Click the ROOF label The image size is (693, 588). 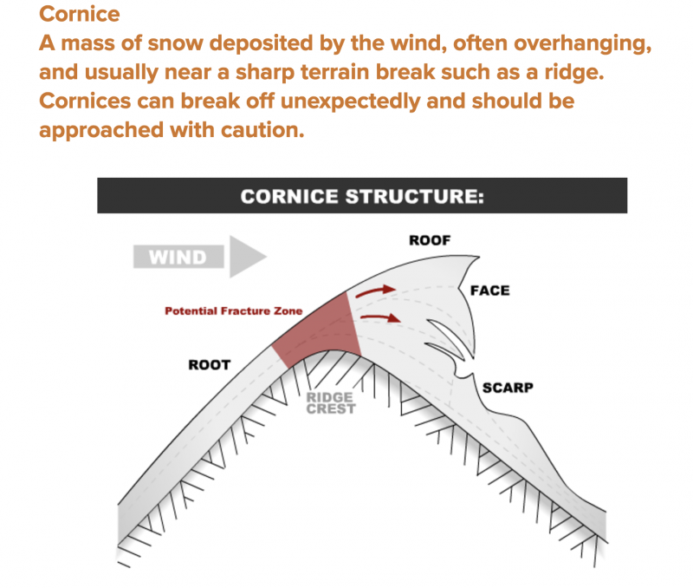(x=430, y=240)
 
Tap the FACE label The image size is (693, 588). (x=489, y=291)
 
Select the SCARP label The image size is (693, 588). (x=508, y=388)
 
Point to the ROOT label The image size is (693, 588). (x=210, y=365)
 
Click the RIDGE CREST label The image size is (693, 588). (x=331, y=403)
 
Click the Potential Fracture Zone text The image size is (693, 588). (x=233, y=311)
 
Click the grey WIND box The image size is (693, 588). (x=178, y=257)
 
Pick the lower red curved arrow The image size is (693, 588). (x=381, y=317)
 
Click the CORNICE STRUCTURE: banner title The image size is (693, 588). (x=362, y=196)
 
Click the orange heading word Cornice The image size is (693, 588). (x=80, y=14)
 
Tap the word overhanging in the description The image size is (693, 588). (x=582, y=44)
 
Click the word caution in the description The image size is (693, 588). (x=262, y=130)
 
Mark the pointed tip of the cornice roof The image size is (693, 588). (x=479, y=257)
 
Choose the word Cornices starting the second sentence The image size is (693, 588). (x=85, y=101)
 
